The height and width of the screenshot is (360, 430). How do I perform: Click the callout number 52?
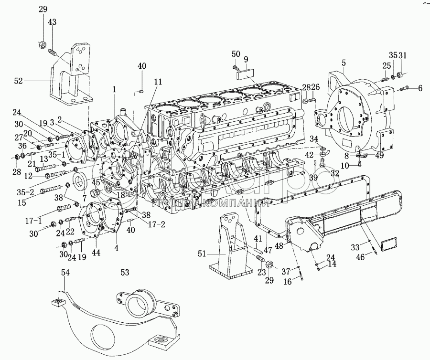(18, 81)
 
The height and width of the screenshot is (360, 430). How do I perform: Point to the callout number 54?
(66, 273)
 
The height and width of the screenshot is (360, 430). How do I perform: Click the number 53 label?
(124, 273)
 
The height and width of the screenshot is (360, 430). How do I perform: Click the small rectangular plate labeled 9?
(247, 73)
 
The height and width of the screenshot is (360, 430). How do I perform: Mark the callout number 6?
(420, 88)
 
